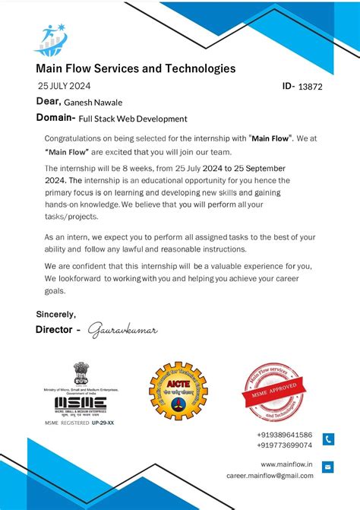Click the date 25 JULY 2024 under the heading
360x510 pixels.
click(64, 86)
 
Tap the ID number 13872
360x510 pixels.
click(310, 87)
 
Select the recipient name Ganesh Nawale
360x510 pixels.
click(93, 103)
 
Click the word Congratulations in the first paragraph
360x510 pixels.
click(77, 139)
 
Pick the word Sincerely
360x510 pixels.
click(55, 314)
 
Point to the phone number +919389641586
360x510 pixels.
click(284, 434)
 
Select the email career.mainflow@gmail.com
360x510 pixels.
click(270, 475)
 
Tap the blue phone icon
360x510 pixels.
click(328, 439)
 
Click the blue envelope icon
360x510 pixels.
click(328, 467)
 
